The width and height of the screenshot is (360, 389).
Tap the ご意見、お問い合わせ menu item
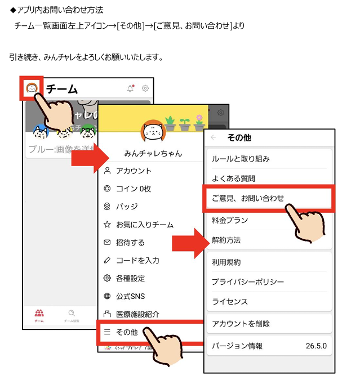click(248, 198)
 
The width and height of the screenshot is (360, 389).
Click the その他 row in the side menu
click(127, 333)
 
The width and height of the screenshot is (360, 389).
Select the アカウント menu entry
click(134, 171)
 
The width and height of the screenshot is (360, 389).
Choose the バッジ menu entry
click(127, 207)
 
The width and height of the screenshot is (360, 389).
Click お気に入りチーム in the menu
click(144, 225)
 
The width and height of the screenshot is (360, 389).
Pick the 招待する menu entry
click(130, 243)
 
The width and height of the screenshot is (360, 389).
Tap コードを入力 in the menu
click(137, 261)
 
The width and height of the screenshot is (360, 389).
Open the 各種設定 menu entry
click(130, 279)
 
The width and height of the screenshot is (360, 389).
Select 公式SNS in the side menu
click(130, 297)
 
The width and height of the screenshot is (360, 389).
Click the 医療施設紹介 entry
click(137, 315)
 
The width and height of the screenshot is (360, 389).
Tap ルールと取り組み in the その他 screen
click(241, 159)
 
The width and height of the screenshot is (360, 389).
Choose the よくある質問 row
click(233, 179)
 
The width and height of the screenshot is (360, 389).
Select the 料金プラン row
click(230, 220)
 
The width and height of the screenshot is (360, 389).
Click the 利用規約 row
click(226, 262)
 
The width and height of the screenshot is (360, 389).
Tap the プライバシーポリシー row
click(248, 282)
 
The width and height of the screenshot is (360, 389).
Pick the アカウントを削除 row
click(241, 324)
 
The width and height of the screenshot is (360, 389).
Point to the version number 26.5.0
click(316, 346)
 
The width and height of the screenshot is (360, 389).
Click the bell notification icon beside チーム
click(130, 88)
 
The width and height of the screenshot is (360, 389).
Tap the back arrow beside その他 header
click(214, 137)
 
